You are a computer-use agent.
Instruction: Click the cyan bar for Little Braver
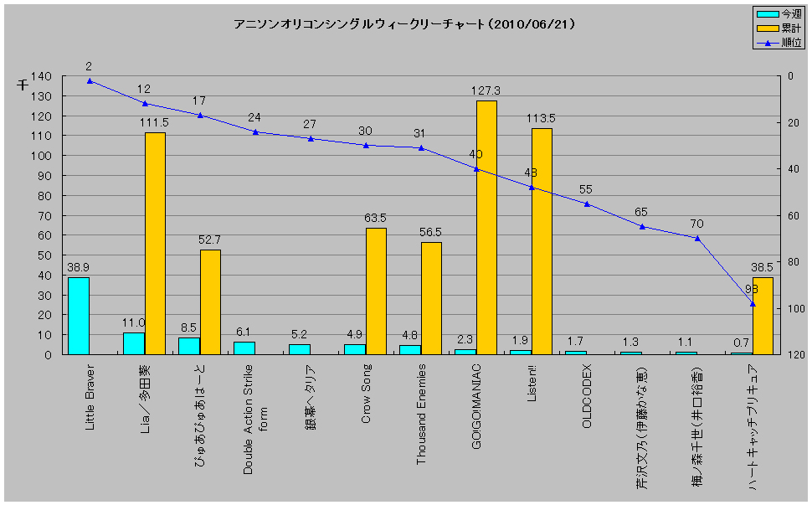(x=78, y=316)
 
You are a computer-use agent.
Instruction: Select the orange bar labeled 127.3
(x=486, y=228)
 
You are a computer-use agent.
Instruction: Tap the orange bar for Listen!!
(x=542, y=241)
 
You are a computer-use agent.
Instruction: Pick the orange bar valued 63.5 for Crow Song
(x=376, y=291)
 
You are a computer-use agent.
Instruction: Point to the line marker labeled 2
(x=89, y=80)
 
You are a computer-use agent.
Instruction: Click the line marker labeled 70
(x=696, y=238)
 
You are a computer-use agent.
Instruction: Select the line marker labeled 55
(x=587, y=204)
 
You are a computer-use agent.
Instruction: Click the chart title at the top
(x=404, y=24)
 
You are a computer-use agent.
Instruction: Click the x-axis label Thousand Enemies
(x=421, y=414)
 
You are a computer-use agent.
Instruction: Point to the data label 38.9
(x=78, y=265)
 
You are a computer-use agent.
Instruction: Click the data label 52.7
(x=210, y=239)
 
